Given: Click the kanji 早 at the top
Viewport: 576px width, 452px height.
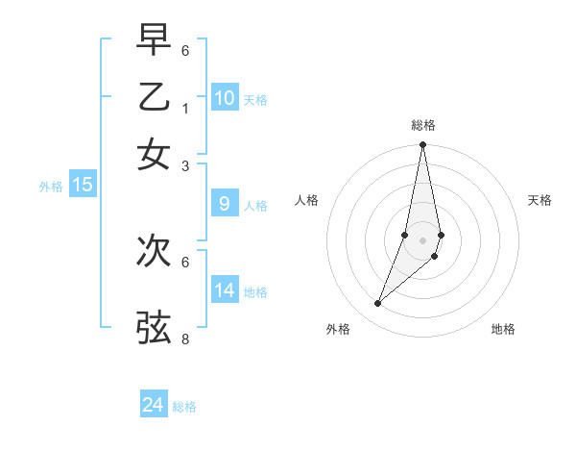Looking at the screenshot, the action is coord(154,40).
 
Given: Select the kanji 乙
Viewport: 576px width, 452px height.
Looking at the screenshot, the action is coord(154,97).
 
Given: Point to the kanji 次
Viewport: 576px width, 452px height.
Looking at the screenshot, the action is coord(154,251).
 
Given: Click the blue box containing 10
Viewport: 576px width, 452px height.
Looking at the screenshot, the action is coord(225,98).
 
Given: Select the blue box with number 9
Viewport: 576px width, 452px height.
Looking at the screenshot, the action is coord(225,204).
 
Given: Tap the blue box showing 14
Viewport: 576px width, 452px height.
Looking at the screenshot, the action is coord(225,290).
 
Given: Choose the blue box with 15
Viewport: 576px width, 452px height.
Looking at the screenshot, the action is coord(82,185).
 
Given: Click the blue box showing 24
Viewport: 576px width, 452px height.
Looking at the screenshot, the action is coord(154,405).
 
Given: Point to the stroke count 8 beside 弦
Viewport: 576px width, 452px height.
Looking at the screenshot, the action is coord(185,339).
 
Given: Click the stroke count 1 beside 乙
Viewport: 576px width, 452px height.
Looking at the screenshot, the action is coord(185,108).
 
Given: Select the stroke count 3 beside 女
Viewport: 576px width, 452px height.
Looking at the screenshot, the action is coord(185,165).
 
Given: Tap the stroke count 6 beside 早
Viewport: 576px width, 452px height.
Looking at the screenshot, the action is coord(185,50).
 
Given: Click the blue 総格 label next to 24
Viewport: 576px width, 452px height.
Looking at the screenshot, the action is coord(184,407).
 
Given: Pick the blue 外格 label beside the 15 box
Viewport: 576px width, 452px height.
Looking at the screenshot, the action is coord(50,187).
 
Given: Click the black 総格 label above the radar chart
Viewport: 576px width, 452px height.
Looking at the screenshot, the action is coord(422,125).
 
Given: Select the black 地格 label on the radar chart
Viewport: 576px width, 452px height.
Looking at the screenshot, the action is coord(503,329).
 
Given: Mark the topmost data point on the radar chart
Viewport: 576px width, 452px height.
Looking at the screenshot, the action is coord(422,145).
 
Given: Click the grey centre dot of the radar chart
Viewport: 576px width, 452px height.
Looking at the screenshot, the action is coord(422,239).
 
